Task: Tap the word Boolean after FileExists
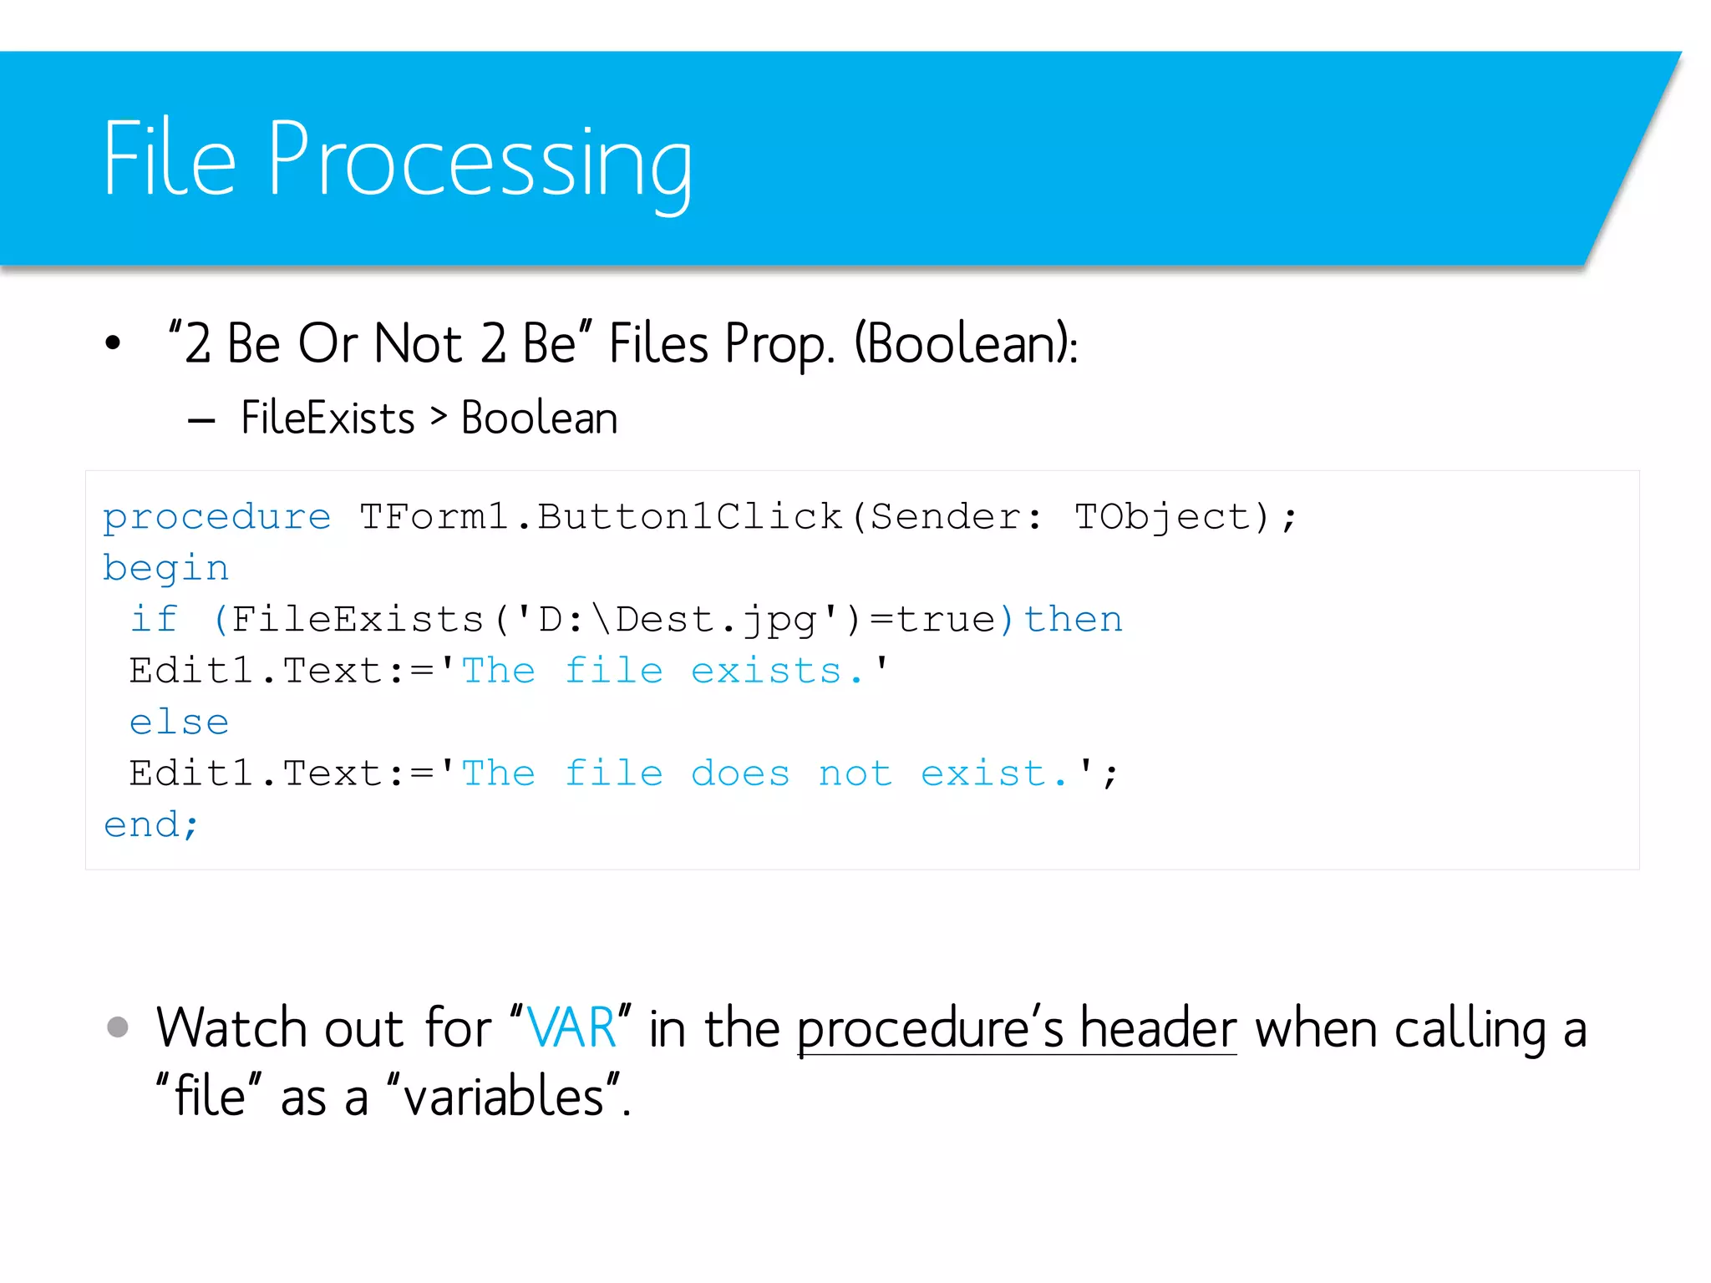tap(539, 418)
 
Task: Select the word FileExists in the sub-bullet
tap(327, 418)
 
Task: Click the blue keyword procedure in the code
tap(216, 517)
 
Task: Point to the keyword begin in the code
tap(165, 569)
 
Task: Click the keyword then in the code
tap(1074, 620)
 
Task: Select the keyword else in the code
tap(179, 723)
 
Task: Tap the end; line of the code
tap(151, 825)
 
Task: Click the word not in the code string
tap(855, 774)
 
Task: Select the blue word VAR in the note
tap(571, 1027)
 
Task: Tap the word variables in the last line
tap(504, 1097)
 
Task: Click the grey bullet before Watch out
tap(118, 1027)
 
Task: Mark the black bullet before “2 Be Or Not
tap(113, 342)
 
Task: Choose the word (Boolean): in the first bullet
tap(966, 343)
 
